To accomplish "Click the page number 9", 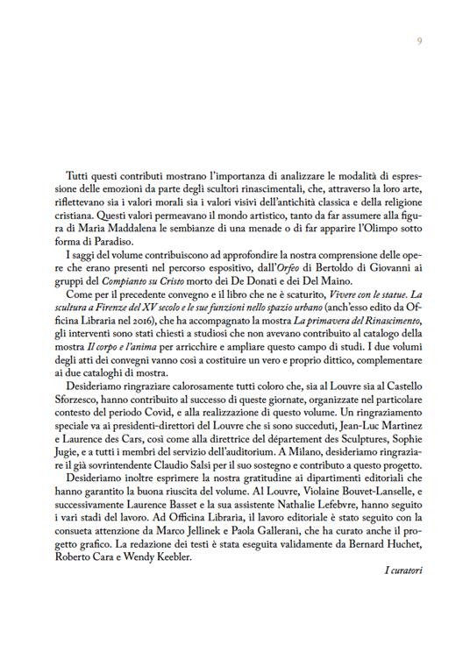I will [420, 41].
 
